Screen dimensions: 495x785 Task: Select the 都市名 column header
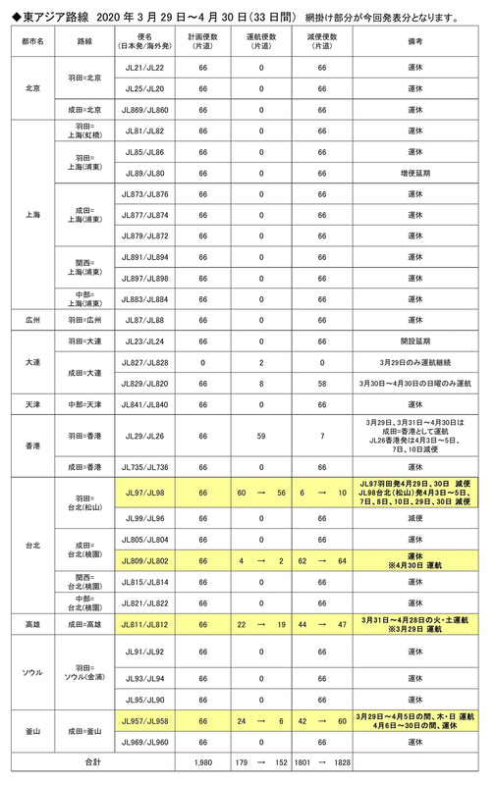32,44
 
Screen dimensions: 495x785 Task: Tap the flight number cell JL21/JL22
146,67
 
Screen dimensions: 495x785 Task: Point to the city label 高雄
32,623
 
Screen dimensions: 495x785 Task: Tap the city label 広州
32,321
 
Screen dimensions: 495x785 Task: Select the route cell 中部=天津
82,405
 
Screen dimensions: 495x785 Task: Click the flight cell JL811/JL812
146,623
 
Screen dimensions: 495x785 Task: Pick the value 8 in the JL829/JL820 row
260,384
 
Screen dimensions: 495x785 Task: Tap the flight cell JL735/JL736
146,467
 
